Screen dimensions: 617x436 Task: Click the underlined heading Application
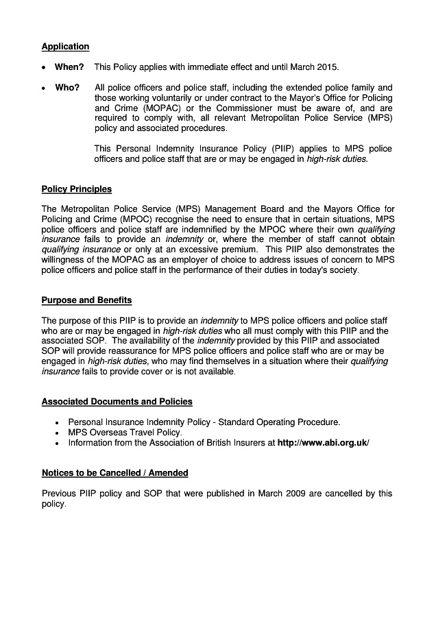[65, 47]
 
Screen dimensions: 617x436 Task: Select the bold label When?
[69, 67]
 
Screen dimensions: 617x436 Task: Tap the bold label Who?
[67, 88]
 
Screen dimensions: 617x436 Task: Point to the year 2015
[327, 67]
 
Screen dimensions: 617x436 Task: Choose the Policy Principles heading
[76, 189]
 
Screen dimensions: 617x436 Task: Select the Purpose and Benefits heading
[86, 300]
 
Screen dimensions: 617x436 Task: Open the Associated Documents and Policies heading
[117, 402]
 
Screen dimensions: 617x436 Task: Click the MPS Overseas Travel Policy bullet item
[125, 433]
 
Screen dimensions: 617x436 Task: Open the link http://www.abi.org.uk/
[323, 443]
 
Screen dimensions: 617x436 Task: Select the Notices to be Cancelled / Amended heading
[114, 473]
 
